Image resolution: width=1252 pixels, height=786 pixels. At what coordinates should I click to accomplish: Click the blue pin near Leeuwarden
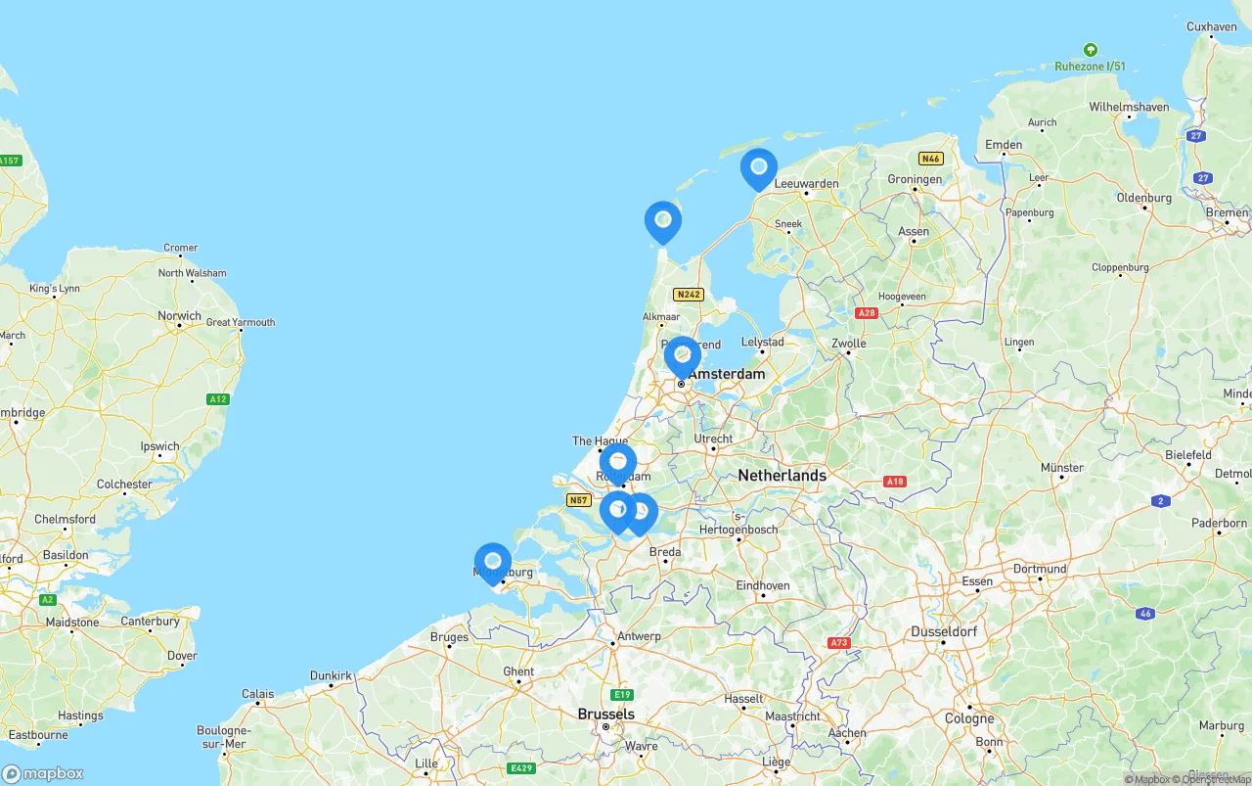758,168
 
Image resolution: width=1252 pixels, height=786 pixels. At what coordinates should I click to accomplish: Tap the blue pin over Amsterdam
682,357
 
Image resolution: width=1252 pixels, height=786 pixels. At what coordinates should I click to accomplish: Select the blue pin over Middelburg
493,563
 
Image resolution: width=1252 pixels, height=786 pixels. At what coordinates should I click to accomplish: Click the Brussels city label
606,714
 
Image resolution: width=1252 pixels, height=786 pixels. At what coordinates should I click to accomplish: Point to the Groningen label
915,179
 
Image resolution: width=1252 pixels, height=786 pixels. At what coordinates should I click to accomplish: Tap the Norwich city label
180,315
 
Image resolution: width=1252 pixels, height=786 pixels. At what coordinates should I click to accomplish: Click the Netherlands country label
782,475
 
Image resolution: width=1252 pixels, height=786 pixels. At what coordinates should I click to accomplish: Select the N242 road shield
689,294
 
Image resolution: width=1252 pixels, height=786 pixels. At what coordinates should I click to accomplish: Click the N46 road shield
930,159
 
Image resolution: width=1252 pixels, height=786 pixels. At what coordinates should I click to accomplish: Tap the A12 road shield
218,399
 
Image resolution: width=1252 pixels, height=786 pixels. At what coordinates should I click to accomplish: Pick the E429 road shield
521,768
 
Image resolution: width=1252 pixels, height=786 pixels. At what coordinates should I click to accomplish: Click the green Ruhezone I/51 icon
1090,50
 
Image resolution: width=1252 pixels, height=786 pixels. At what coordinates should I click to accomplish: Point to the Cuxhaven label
1211,26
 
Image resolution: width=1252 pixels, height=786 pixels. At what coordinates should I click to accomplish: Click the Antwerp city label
639,635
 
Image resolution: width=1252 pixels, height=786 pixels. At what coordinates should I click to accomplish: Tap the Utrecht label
713,439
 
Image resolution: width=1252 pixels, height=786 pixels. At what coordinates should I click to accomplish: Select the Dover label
182,656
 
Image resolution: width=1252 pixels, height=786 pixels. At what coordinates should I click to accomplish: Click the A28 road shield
867,313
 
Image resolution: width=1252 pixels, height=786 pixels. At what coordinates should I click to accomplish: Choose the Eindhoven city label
762,585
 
